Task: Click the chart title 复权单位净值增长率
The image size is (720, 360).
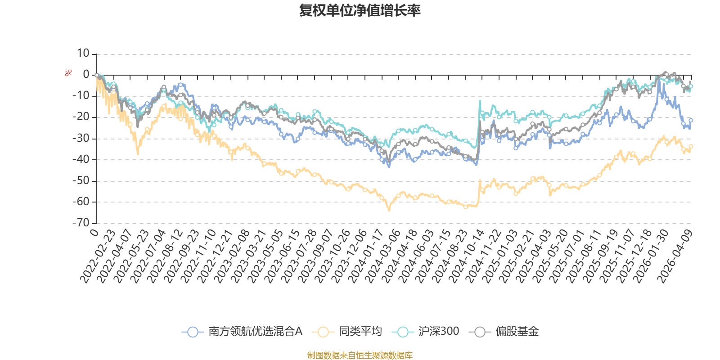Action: point(360,10)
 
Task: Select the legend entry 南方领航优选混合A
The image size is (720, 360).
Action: point(242,331)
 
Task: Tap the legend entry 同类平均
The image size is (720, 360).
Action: point(347,331)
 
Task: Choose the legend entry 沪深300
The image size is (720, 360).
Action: point(426,331)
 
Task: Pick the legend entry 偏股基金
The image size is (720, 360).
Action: point(504,331)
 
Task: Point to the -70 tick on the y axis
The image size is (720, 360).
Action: point(81,223)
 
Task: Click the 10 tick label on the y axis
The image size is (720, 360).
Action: point(83,53)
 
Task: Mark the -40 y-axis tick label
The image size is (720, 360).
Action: point(81,159)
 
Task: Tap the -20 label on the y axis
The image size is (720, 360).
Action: point(81,117)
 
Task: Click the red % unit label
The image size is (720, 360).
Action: point(68,73)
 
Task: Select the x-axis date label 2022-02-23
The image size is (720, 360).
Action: point(98,256)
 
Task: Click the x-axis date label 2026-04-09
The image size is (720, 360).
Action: point(675,256)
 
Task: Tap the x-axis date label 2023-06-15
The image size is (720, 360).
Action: point(283,256)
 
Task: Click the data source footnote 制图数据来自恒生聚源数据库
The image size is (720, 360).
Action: point(360,355)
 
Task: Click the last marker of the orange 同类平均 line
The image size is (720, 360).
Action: point(691,146)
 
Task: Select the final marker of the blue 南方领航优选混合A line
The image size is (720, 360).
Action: point(691,120)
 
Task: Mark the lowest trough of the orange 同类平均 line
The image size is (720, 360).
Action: point(389,210)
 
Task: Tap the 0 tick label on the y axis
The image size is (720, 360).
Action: point(86,74)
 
